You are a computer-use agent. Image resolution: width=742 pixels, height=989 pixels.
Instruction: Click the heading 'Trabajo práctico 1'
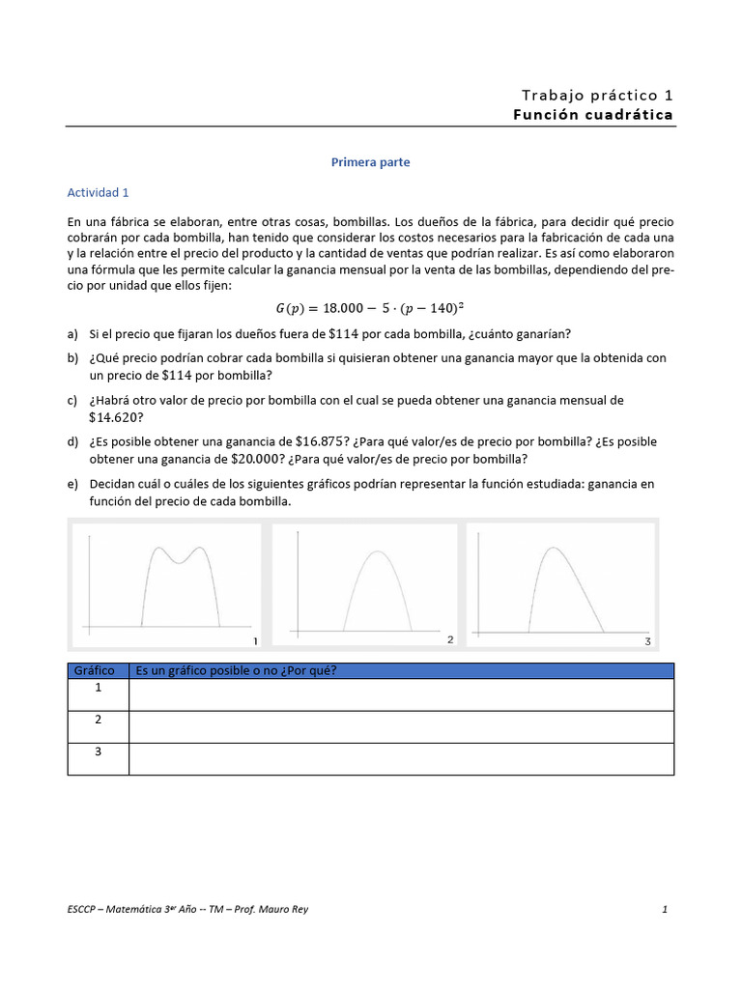pos(597,95)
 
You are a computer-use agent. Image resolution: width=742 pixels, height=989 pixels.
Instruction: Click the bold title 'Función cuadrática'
pos(593,115)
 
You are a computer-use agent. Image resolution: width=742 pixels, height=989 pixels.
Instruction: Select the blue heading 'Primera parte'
pos(370,162)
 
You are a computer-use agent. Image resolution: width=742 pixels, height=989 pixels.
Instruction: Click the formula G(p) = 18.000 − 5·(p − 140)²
pos(370,309)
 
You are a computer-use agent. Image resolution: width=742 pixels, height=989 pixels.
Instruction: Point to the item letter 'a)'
pos(73,334)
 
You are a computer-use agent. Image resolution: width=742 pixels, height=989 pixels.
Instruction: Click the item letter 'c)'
pos(73,400)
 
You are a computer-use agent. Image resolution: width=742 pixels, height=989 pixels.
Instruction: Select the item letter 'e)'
pos(73,483)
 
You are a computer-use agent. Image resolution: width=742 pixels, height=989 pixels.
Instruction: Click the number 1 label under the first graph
pos(254,641)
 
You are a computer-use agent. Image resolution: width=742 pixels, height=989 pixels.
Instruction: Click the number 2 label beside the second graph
pos(450,639)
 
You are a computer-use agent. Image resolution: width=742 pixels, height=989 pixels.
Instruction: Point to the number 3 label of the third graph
pos(647,641)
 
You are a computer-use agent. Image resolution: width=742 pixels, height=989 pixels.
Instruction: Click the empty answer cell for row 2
pos(400,726)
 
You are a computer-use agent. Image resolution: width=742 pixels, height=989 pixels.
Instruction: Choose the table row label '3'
pos(98,751)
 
